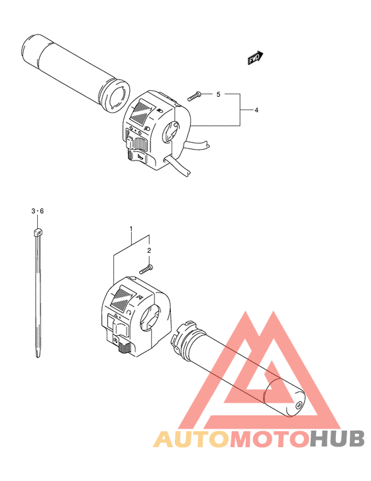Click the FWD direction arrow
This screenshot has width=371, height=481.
pos(255,58)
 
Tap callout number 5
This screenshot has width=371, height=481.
pos(218,94)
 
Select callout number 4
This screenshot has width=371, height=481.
pos(256,110)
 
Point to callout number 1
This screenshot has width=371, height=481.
pos(131,228)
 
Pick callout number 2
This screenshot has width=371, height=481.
pos(149,251)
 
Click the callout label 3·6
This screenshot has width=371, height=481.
pos(37,211)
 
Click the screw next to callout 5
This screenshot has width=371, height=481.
pos(194,96)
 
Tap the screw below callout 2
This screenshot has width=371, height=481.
pos(146,269)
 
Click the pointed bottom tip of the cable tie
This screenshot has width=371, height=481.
pos(38,357)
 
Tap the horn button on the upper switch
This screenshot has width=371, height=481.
pos(137,157)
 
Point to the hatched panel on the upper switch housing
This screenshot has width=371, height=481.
pos(142,113)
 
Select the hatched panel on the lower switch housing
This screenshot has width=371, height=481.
pos(122,298)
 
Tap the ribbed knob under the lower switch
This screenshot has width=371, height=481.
pos(125,348)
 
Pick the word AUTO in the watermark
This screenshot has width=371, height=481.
pos(191,439)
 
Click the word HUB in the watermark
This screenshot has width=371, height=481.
pos(336,439)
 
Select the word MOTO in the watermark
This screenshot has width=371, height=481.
pos(269,439)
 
